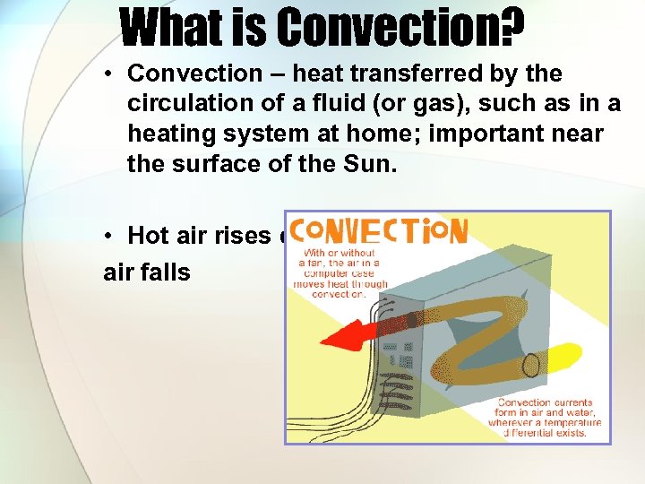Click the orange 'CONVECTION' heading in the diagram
[380, 235]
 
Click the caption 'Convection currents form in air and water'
[549, 417]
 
